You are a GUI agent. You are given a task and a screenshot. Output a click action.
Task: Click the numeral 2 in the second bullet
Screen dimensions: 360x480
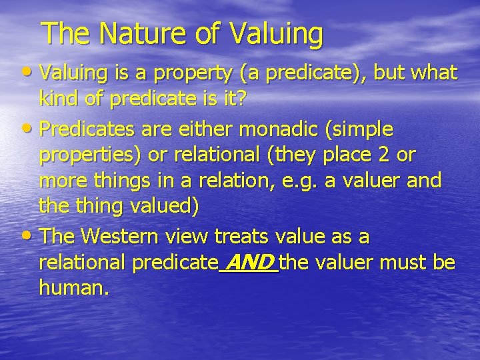(x=381, y=155)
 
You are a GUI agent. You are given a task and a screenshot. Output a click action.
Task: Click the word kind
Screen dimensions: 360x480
(x=57, y=100)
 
